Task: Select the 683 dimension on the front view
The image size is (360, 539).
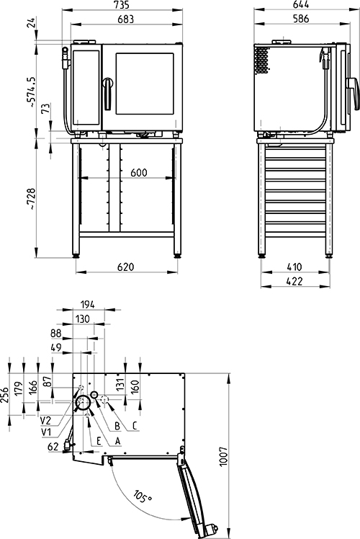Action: [x=126, y=19]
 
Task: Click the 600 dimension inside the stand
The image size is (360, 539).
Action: [x=139, y=172]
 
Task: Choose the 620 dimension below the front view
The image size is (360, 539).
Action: [x=126, y=267]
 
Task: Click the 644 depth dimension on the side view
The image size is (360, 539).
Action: [x=301, y=4]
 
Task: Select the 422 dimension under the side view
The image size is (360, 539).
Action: [x=294, y=281]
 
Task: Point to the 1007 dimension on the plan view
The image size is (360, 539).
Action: [x=223, y=457]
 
